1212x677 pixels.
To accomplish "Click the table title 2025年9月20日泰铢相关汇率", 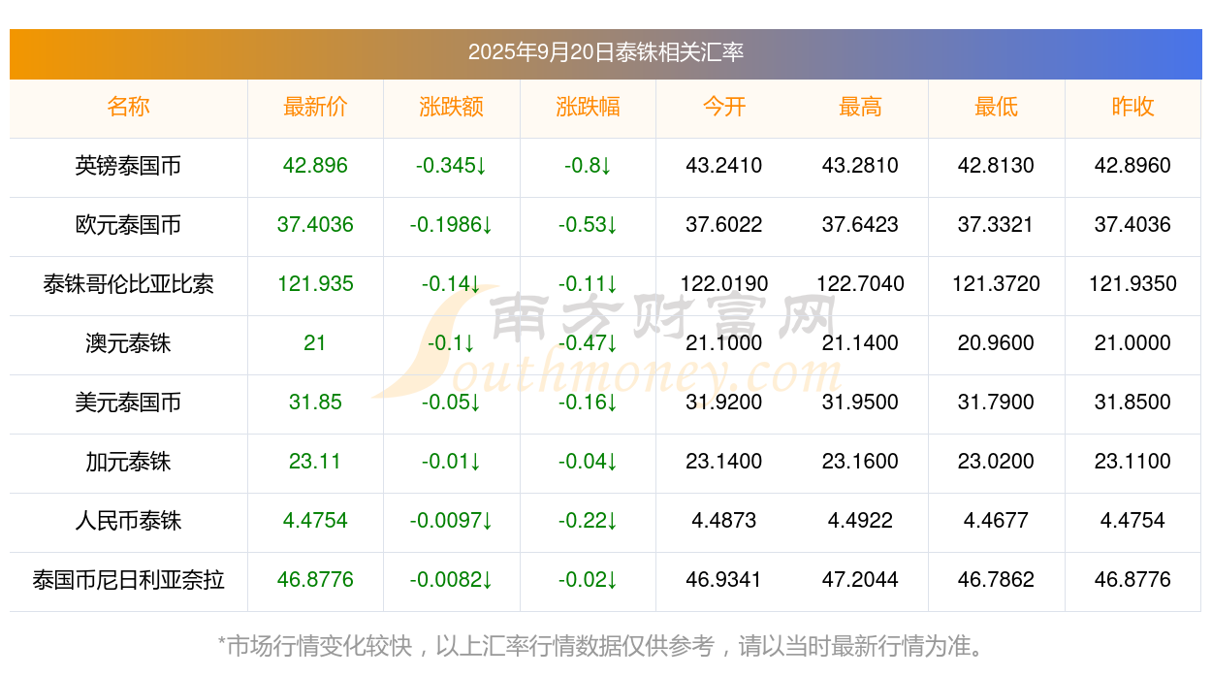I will tap(605, 52).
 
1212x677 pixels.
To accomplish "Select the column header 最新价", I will tap(315, 107).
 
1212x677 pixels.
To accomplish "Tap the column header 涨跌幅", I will tap(588, 107).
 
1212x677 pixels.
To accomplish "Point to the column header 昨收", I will tap(1132, 107).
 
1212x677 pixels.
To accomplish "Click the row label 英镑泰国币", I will tap(128, 166).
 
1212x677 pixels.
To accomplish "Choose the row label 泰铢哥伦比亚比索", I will tap(128, 284).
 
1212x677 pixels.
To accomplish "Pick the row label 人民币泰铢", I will tap(128, 521).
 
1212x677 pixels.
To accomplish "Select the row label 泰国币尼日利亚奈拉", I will tap(128, 580).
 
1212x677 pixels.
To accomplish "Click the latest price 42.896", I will tap(315, 166).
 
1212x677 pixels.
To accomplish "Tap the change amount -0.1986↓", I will tap(451, 225).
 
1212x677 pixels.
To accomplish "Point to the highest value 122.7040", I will tap(860, 284).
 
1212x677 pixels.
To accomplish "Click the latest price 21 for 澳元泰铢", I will tap(315, 343).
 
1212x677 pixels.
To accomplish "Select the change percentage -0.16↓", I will tap(588, 403).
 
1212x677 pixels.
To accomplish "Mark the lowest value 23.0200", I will tap(996, 462).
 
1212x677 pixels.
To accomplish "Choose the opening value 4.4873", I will tap(723, 521).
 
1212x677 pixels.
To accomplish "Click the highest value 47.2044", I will tap(860, 580).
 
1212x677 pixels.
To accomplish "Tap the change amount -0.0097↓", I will tap(451, 521).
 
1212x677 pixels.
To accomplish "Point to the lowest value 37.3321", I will tap(996, 225).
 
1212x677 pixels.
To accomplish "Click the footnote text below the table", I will tap(605, 646).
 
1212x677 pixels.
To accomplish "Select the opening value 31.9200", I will tap(723, 403).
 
